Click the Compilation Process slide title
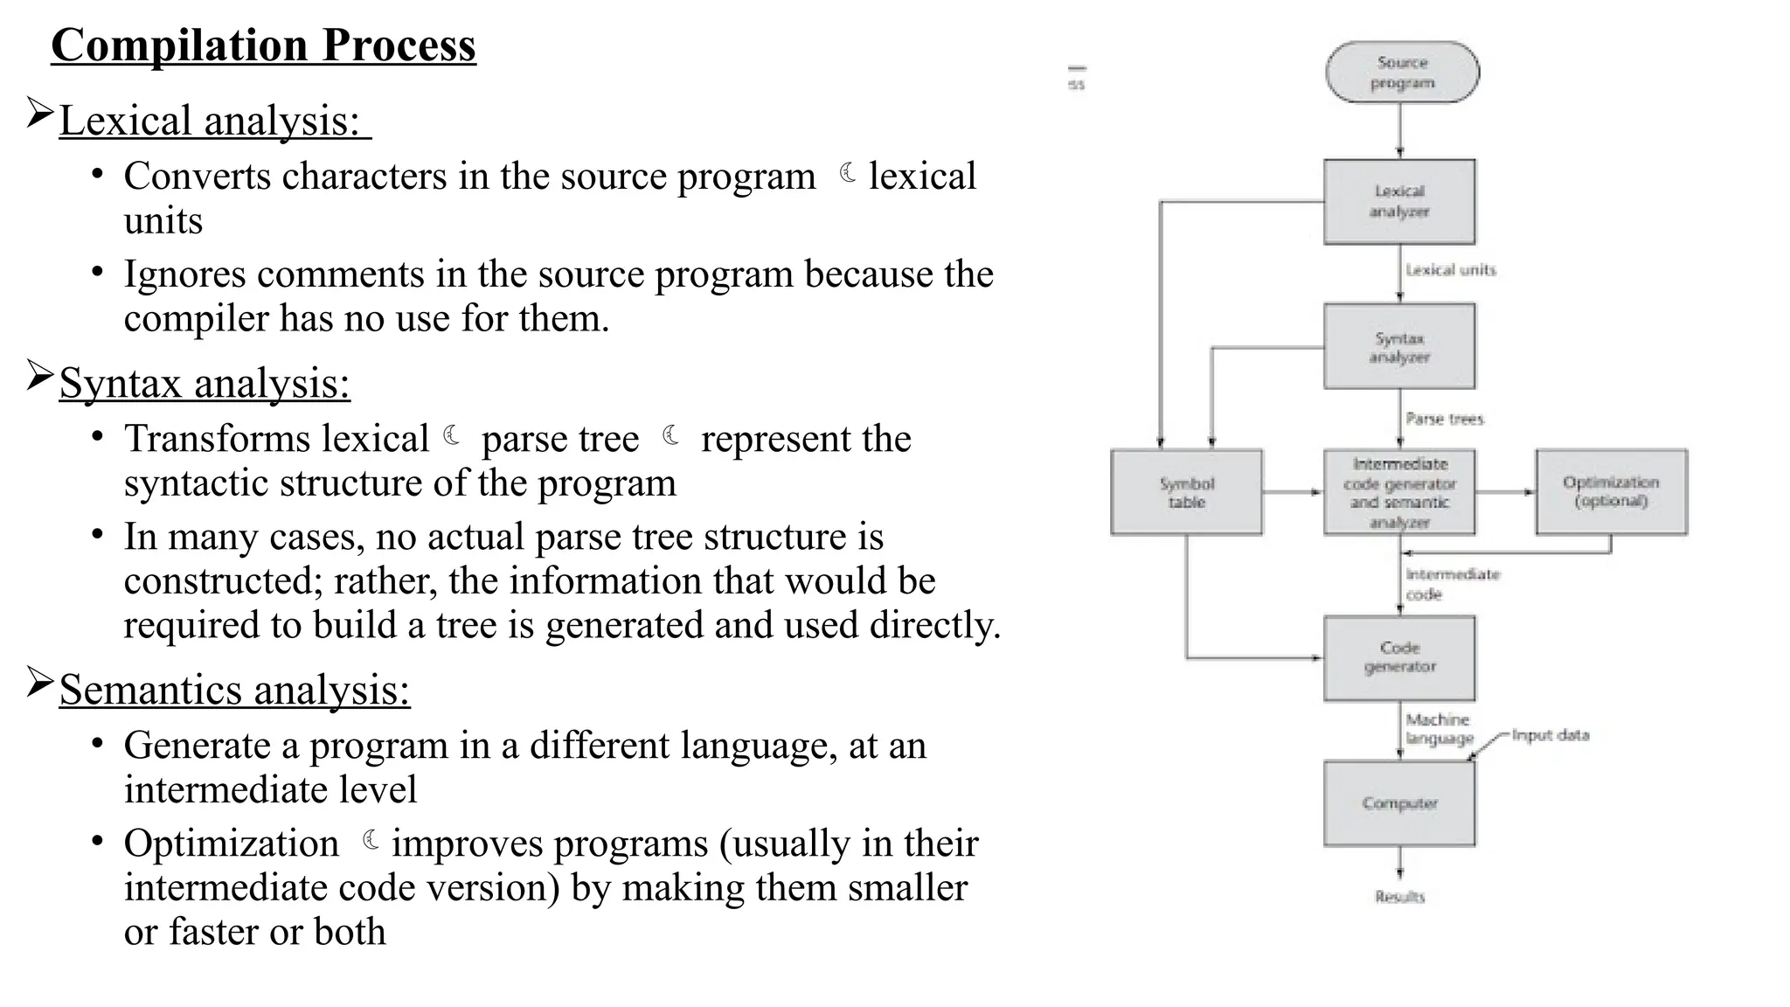(x=263, y=45)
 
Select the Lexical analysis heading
(x=210, y=121)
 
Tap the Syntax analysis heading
(x=205, y=383)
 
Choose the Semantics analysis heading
(x=234, y=690)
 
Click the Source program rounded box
(x=1402, y=73)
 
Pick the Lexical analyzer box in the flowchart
(x=1399, y=202)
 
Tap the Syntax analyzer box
(x=1399, y=347)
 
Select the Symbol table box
(x=1186, y=492)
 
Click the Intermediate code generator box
(x=1399, y=492)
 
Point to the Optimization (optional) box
(x=1611, y=492)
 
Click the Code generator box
(x=1399, y=657)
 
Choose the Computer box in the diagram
(x=1399, y=803)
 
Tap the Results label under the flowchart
(x=1399, y=897)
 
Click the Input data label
(x=1550, y=735)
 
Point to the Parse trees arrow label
(x=1445, y=420)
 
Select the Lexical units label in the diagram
(x=1451, y=270)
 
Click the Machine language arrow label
(x=1439, y=729)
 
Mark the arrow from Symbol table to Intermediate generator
(x=1293, y=492)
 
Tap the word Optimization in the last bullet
(x=232, y=844)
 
